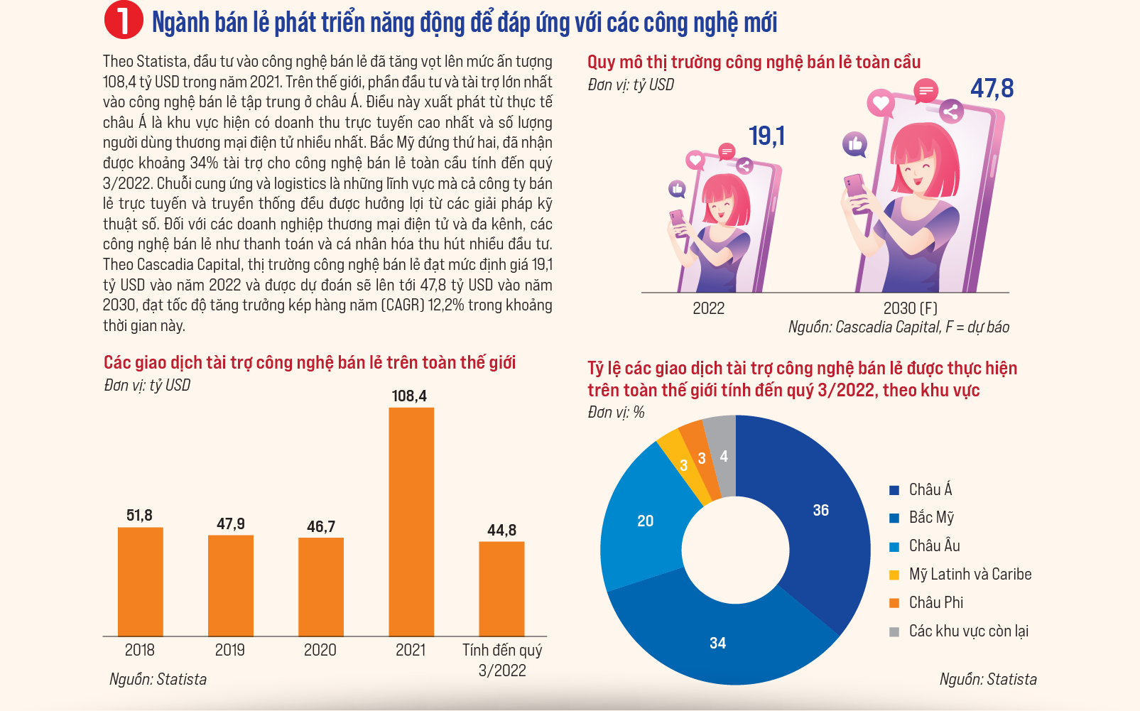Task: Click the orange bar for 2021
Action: pos(411,522)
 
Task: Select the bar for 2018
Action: pos(140,582)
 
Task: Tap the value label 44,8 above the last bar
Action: pos(501,531)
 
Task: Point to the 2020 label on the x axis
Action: pos(320,650)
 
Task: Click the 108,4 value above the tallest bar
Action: pos(409,396)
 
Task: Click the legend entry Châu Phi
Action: pos(935,603)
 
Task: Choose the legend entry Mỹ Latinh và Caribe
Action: pos(970,575)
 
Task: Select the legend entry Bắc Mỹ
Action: pos(931,518)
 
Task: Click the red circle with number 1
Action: pos(124,21)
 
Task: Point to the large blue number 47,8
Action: pos(992,89)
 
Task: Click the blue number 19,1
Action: pos(766,136)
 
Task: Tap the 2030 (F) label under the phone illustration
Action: pos(910,308)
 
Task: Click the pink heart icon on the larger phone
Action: pos(881,104)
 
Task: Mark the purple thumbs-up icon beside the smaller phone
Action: pos(677,189)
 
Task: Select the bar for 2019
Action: pos(230,585)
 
